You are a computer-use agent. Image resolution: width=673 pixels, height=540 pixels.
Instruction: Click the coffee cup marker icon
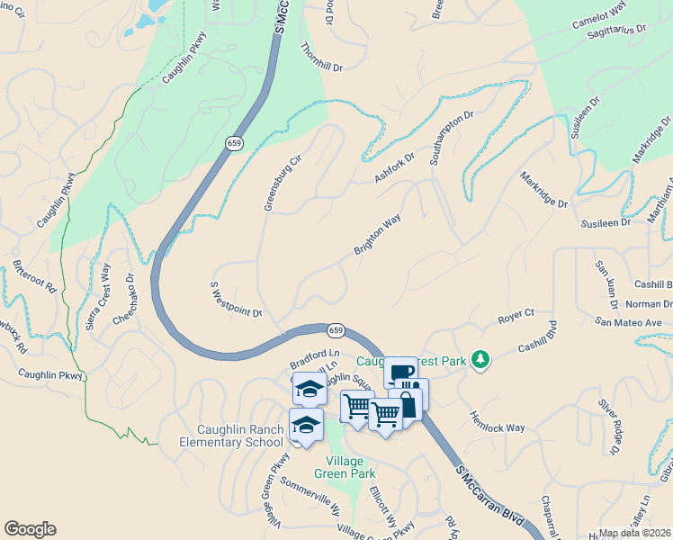coord(400,373)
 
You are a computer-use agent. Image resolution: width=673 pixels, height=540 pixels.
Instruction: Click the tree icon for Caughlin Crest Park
coord(481,360)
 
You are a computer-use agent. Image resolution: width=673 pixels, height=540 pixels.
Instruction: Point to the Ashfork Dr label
coord(394,168)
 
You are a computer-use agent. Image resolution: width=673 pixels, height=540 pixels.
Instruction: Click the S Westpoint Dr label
coord(236,301)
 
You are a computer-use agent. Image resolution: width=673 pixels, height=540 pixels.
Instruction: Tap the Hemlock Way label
coord(498,422)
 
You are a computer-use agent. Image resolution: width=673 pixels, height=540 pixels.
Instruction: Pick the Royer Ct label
coord(516,316)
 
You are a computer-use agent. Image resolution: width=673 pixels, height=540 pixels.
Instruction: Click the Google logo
coord(30,529)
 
